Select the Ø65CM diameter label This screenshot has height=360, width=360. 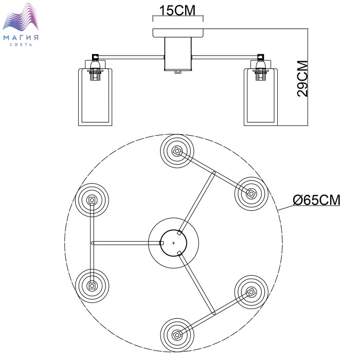pos(316,200)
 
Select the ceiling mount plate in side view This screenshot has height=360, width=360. pos(178,33)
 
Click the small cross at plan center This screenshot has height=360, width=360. pos(173,242)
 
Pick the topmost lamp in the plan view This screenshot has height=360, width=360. pos(177,151)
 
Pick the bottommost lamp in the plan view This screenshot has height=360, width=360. pos(177,334)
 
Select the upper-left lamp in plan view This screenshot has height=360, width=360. pos(92,200)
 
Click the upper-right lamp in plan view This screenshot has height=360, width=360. pos(251,193)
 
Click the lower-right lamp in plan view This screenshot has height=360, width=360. pos(251,292)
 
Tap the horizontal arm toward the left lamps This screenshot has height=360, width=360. pos(126,242)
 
